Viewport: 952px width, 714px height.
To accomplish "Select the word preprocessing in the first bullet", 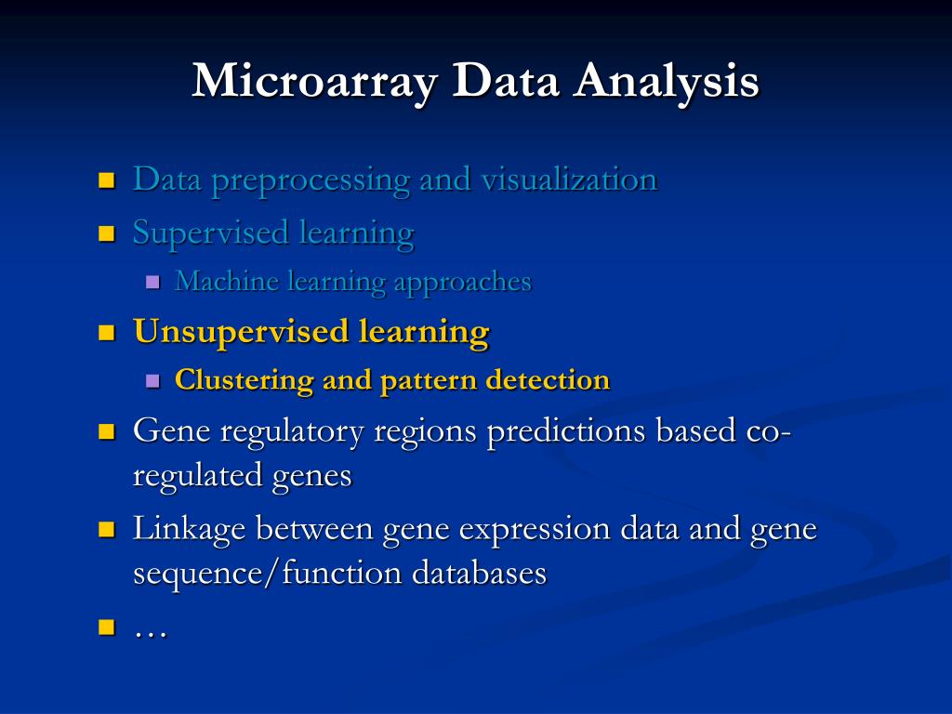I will coord(310,180).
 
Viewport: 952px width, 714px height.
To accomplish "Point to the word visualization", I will coord(568,178).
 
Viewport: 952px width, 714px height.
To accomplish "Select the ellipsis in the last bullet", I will coord(150,631).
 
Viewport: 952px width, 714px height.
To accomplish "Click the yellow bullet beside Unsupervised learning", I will coord(106,332).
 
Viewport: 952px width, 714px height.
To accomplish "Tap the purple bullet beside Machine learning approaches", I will coord(153,283).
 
